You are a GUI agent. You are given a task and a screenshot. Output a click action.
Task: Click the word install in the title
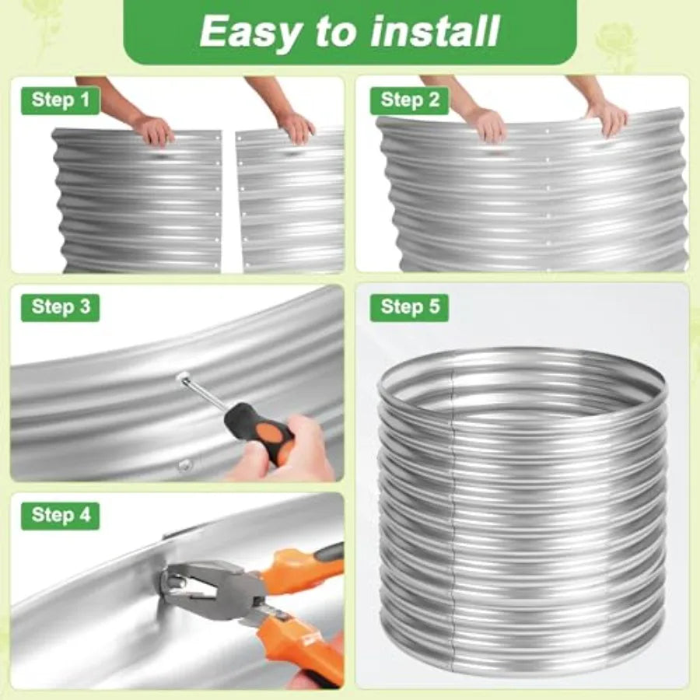[x=436, y=31]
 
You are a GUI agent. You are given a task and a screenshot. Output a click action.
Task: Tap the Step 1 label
[x=60, y=100]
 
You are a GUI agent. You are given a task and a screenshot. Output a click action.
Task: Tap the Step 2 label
[x=409, y=100]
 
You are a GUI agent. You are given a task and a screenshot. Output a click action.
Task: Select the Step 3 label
[x=60, y=307]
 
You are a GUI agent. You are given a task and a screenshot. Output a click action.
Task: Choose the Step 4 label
[x=60, y=516]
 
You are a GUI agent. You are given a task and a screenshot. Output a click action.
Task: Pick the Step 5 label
[x=409, y=307]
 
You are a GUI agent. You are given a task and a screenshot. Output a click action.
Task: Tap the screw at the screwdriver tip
[x=183, y=379]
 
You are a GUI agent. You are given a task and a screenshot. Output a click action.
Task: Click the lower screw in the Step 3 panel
[x=184, y=466]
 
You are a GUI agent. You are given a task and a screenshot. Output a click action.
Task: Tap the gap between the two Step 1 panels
[x=228, y=201]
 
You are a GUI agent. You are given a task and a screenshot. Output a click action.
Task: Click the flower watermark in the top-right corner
[x=618, y=44]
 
